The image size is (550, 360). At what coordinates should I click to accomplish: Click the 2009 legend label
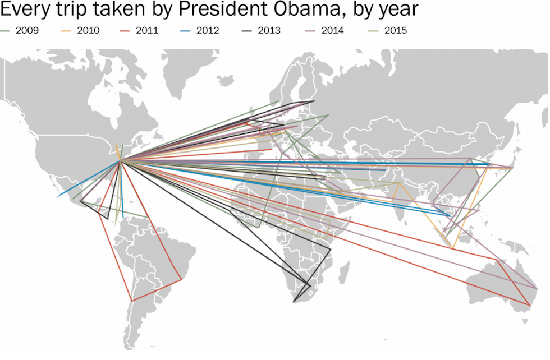coord(27,30)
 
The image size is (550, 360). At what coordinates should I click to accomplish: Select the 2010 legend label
coord(88,30)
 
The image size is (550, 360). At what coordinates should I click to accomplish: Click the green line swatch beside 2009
coord(7,30)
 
